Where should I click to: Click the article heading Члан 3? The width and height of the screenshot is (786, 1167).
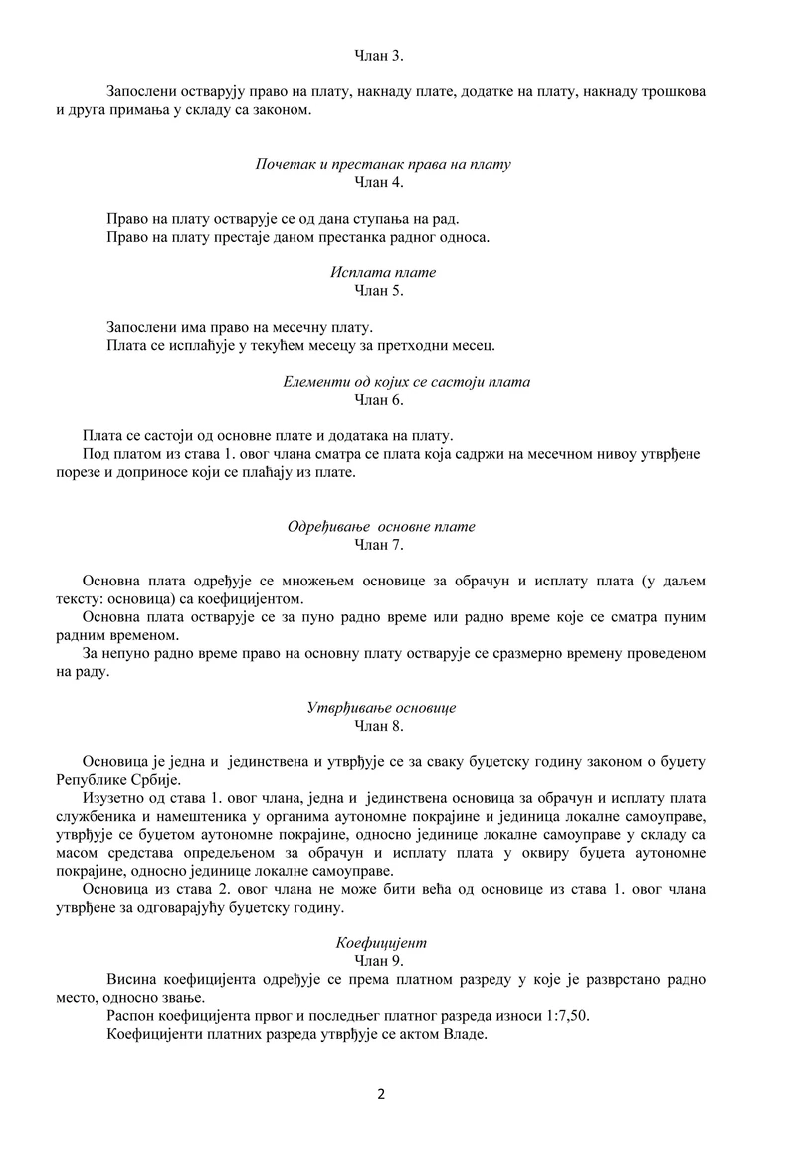click(x=379, y=54)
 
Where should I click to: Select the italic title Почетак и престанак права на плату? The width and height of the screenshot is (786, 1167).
click(x=383, y=164)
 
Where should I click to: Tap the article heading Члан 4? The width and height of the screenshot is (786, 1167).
click(x=379, y=182)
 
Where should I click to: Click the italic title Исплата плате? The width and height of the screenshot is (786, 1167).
click(x=383, y=272)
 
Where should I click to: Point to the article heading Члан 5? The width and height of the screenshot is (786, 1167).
click(x=379, y=290)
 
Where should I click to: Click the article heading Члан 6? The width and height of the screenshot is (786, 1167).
click(x=379, y=400)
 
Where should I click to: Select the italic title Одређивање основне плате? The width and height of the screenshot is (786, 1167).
click(x=381, y=527)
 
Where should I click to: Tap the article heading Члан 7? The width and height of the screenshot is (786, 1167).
click(x=379, y=545)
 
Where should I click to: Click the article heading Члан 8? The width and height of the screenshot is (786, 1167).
click(x=379, y=726)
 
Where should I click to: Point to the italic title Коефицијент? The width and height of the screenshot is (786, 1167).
click(x=382, y=942)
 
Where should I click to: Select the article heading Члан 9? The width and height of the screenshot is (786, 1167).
click(x=379, y=960)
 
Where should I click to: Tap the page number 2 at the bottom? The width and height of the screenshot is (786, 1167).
click(x=381, y=1095)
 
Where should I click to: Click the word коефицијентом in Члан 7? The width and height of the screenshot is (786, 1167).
click(x=254, y=599)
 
